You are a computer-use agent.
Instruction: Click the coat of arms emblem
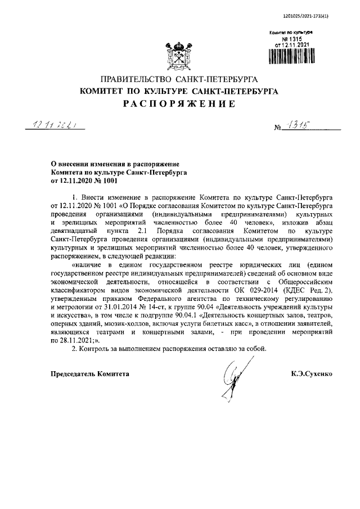coord(179,54)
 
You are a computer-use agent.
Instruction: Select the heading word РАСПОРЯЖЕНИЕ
coord(179,103)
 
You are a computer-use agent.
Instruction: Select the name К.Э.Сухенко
coord(313,373)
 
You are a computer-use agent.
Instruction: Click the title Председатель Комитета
coord(90,373)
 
